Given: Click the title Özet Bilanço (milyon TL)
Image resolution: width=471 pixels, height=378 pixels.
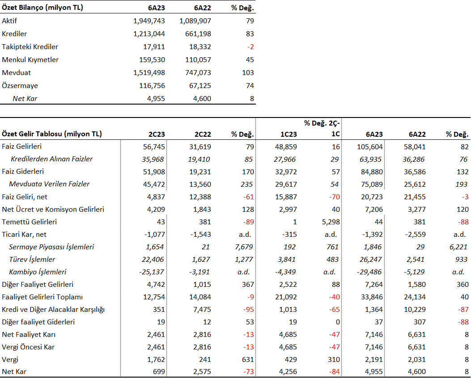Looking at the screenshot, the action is click(42, 8).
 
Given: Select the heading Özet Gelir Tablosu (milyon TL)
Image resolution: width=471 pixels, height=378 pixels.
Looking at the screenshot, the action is click(52, 134).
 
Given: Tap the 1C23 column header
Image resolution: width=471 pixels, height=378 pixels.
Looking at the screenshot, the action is click(289, 134).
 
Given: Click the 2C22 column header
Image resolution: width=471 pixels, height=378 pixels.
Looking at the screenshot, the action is click(203, 134).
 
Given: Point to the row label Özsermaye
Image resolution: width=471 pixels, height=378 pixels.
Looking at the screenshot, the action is click(20, 85).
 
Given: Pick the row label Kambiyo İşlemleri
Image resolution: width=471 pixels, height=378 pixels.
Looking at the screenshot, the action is click(38, 272).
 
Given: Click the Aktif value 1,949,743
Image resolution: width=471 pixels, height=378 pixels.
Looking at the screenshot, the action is click(149, 21).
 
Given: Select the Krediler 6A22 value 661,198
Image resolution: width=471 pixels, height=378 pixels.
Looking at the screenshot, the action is click(198, 34).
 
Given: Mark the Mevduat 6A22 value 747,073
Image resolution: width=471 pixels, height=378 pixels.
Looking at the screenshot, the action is click(198, 72).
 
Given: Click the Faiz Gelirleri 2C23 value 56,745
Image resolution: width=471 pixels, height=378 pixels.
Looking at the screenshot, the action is click(154, 147).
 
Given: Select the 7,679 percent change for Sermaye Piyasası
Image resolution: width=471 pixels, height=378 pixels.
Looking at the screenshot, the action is click(244, 247).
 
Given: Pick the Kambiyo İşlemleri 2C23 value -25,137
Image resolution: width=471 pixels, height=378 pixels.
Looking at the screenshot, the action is click(151, 272).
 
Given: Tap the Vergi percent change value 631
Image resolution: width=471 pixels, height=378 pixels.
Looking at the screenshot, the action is click(248, 359).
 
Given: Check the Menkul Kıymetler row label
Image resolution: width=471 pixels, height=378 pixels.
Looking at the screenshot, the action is click(30, 60).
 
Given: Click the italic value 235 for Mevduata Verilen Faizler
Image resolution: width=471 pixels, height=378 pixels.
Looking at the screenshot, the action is click(246, 185).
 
